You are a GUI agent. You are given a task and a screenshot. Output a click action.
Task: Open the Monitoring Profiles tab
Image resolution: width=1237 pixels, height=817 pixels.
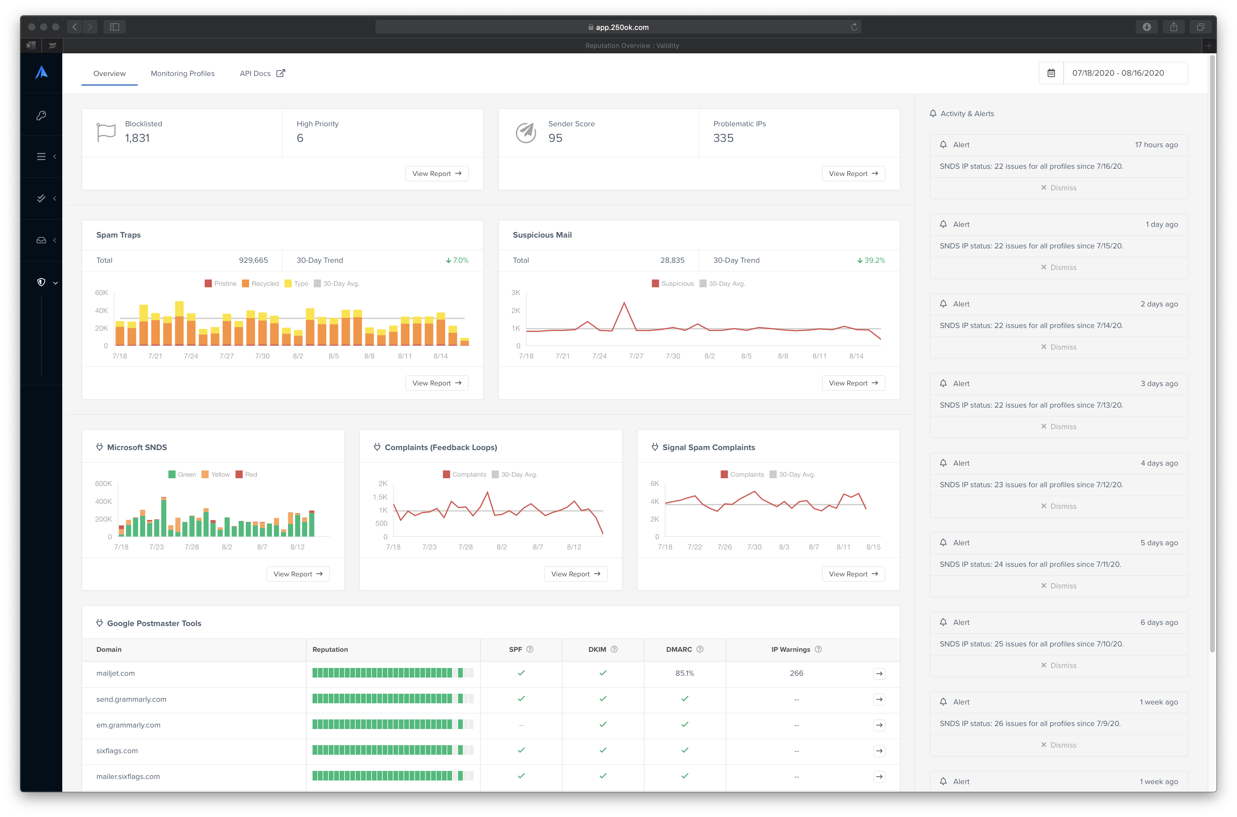pyautogui.click(x=182, y=73)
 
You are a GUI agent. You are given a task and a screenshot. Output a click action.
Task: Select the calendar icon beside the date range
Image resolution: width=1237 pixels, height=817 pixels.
pyautogui.click(x=1051, y=73)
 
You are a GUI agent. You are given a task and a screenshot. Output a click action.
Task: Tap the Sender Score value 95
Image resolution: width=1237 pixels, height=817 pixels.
pyautogui.click(x=555, y=138)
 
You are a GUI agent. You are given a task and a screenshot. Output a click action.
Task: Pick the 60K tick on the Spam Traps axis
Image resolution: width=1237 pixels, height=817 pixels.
pyautogui.click(x=101, y=293)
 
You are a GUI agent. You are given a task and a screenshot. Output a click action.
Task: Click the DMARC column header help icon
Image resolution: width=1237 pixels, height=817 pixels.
pyautogui.click(x=700, y=649)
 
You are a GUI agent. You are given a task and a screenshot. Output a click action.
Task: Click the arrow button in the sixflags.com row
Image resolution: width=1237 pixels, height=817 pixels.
pyautogui.click(x=879, y=751)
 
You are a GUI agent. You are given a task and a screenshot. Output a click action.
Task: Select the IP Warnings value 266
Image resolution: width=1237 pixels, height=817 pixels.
pyautogui.click(x=796, y=673)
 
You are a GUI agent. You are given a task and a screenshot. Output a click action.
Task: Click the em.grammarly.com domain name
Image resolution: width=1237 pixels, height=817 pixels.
pyautogui.click(x=128, y=725)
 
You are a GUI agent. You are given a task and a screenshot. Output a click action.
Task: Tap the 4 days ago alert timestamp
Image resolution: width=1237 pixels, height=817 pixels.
pyautogui.click(x=1159, y=463)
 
